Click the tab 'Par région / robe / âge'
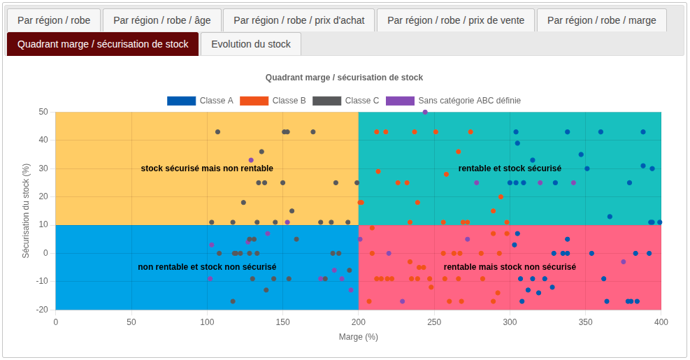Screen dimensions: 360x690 pos(162,20)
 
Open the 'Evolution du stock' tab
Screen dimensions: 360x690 pos(251,44)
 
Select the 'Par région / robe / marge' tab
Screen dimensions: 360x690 pos(602,20)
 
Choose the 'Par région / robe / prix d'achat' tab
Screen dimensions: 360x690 pos(299,20)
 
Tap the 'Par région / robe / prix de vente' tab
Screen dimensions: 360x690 pos(456,20)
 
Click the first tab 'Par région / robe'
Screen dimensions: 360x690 pos(54,20)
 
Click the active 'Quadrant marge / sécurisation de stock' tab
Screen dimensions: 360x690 pos(103,44)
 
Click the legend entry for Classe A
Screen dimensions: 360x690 pos(201,101)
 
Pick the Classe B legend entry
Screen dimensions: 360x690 pos(273,101)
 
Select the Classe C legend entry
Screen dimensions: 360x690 pos(346,101)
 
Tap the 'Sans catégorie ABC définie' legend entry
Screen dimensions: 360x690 pos(453,101)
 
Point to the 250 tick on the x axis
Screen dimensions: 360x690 pos(435,322)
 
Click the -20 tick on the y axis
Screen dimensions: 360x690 pos(43,310)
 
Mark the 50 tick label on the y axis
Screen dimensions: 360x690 pos(43,112)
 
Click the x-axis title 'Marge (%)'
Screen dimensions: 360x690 pos(358,337)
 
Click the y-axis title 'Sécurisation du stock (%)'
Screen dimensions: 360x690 pos(26,210)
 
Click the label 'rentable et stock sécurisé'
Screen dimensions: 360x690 pos(510,168)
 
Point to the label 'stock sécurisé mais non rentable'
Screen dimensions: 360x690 pos(207,168)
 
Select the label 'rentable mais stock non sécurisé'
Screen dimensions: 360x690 pos(510,267)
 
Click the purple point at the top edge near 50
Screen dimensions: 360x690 pos(425,112)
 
